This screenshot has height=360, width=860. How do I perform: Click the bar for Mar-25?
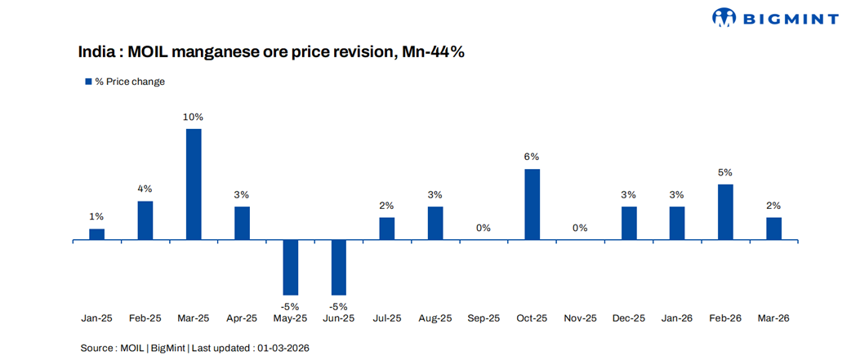point(194,184)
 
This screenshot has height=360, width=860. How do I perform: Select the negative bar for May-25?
point(291,268)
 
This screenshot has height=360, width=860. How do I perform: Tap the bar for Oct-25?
point(532,204)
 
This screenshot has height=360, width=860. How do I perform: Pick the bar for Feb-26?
point(725,212)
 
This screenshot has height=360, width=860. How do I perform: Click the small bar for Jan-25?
point(96,234)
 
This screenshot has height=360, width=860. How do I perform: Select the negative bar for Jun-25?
point(339,268)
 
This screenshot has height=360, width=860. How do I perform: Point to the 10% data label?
point(194,117)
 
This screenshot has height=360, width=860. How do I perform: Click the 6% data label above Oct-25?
point(532,157)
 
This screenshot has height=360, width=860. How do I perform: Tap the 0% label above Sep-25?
point(483,228)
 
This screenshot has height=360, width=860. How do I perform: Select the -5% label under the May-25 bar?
point(291,306)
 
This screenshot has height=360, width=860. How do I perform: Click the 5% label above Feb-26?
point(725,172)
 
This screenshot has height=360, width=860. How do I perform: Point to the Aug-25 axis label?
point(435,318)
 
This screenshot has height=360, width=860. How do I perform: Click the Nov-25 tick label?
point(580,318)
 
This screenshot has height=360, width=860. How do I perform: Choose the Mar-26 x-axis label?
point(773,318)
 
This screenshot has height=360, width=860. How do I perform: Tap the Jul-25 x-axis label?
point(387,318)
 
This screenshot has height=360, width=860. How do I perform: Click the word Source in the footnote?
point(97,348)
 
